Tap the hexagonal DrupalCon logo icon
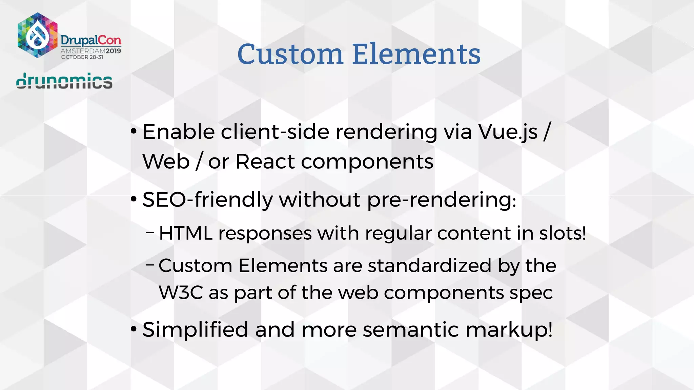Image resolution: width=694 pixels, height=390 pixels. click(37, 35)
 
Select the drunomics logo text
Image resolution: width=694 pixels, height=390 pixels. click(64, 81)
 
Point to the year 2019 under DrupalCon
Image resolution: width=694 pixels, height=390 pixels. click(113, 51)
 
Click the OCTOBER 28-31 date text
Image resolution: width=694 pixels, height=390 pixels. click(82, 57)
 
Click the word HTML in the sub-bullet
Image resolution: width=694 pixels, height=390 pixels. click(186, 233)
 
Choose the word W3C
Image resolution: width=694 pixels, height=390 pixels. click(181, 292)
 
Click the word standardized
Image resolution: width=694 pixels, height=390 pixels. click(429, 265)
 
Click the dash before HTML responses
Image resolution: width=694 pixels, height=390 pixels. click(150, 233)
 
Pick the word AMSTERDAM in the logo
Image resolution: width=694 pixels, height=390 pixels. click(83, 51)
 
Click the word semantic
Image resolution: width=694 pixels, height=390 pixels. click(411, 330)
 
